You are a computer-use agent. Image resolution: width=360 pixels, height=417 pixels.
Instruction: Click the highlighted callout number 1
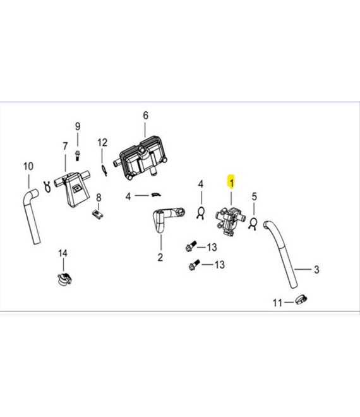[231, 183]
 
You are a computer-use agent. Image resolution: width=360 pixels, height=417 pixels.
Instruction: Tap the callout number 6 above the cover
[145, 116]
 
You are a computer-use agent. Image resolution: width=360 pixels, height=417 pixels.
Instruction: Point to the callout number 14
[63, 253]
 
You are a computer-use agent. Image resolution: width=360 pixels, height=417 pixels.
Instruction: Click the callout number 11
[277, 303]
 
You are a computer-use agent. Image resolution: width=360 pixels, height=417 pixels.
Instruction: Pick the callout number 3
[316, 270]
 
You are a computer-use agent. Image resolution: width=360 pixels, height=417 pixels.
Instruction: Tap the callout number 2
[160, 257]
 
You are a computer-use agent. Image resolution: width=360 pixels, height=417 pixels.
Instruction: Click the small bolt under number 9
[77, 154]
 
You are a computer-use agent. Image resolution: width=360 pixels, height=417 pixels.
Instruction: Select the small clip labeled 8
[98, 214]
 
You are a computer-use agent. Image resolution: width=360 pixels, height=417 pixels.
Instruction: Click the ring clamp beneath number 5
[253, 222]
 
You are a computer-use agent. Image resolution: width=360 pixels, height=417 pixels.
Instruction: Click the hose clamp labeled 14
[64, 278]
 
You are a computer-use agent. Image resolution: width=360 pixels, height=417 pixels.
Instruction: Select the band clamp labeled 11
[301, 299]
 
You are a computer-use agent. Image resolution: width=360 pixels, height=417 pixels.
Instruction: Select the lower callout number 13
[219, 265]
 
